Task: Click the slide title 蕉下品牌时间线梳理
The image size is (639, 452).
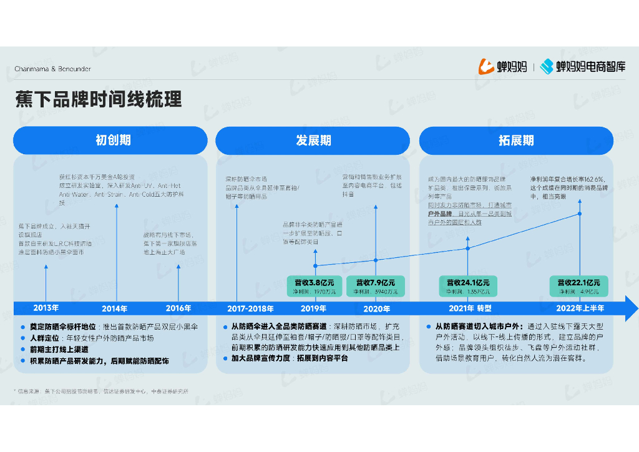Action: pyautogui.click(x=99, y=100)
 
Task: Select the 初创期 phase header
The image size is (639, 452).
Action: pyautogui.click(x=110, y=140)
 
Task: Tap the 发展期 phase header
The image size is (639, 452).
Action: pyautogui.click(x=313, y=140)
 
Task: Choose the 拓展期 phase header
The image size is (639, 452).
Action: pyautogui.click(x=516, y=140)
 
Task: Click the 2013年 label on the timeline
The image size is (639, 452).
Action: pyautogui.click(x=46, y=308)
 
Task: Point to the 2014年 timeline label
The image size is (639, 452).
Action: pyautogui.click(x=115, y=308)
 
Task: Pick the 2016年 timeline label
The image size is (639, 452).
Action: pyautogui.click(x=178, y=308)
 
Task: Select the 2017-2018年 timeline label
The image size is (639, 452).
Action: pyautogui.click(x=250, y=308)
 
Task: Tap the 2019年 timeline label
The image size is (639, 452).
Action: pyautogui.click(x=314, y=308)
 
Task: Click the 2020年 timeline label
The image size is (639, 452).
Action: pyautogui.click(x=376, y=308)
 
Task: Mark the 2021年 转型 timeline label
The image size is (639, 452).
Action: pyautogui.click(x=470, y=308)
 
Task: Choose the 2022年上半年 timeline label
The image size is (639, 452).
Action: pyautogui.click(x=580, y=308)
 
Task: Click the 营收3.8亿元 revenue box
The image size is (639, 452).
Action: pyautogui.click(x=315, y=286)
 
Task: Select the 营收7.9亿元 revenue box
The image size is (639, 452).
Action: pyautogui.click(x=376, y=286)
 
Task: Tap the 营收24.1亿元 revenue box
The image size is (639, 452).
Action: pyautogui.click(x=468, y=286)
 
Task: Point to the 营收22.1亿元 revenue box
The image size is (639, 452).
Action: pyautogui.click(x=579, y=286)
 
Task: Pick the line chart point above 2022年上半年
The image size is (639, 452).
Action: pyautogui.click(x=580, y=214)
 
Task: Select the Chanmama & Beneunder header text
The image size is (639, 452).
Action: pyautogui.click(x=52, y=69)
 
